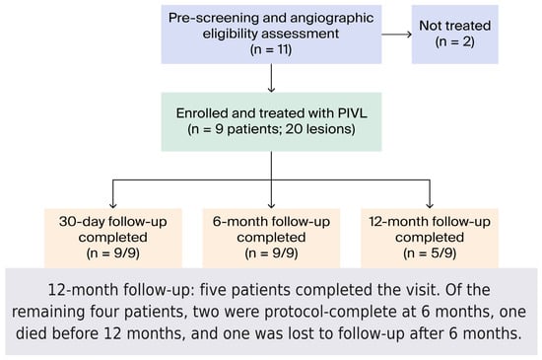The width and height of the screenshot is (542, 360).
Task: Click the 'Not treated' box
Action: [455, 35]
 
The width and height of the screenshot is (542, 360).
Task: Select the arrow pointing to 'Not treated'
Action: [397, 35]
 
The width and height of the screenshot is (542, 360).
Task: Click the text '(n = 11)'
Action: [271, 49]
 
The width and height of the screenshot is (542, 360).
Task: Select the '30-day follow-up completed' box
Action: [113, 238]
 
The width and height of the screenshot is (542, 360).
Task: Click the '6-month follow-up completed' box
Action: [271, 238]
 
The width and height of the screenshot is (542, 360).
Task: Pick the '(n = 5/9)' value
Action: [430, 253]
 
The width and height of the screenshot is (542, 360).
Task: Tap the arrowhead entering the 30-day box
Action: [113, 205]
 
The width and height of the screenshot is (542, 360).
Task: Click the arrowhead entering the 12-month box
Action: [430, 205]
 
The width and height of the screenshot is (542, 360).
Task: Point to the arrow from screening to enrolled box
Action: [271, 78]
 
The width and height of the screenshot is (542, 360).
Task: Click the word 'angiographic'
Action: [332, 18]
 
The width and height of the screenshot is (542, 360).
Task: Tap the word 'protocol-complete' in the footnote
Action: [330, 312]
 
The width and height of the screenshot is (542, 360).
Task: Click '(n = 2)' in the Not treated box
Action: [455, 41]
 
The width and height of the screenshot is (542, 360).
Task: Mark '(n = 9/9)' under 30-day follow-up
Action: [113, 253]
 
